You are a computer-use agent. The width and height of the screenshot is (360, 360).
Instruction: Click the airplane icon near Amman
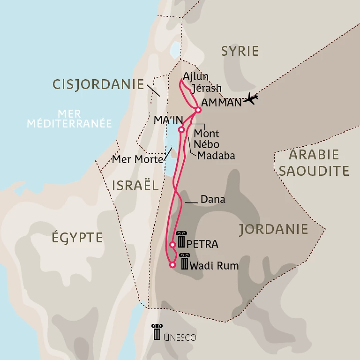(251, 99)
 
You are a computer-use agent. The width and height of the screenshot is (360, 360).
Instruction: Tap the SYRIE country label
(240, 51)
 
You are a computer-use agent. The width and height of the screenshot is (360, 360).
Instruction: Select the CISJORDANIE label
(98, 84)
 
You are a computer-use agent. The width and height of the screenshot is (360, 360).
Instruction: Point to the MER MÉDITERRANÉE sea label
(69, 119)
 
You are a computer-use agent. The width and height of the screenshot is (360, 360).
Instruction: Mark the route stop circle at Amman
(198, 110)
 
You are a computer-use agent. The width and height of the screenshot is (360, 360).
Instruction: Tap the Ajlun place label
(196, 76)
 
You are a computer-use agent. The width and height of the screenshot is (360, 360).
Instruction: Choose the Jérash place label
(207, 88)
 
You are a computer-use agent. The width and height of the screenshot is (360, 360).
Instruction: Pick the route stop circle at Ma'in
(181, 130)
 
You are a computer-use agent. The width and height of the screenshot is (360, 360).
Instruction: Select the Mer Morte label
(137, 159)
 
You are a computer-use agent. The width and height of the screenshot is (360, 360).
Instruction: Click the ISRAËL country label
(135, 185)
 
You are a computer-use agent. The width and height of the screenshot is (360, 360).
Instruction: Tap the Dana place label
(213, 200)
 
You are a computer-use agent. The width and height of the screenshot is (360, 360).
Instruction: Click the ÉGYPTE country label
(77, 237)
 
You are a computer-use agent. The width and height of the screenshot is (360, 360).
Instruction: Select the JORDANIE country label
(273, 229)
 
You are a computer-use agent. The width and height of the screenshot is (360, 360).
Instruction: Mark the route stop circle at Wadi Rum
(172, 265)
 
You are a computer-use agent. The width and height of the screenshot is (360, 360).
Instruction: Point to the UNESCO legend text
(180, 337)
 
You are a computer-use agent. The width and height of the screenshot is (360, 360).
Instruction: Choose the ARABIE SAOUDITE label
(314, 163)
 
